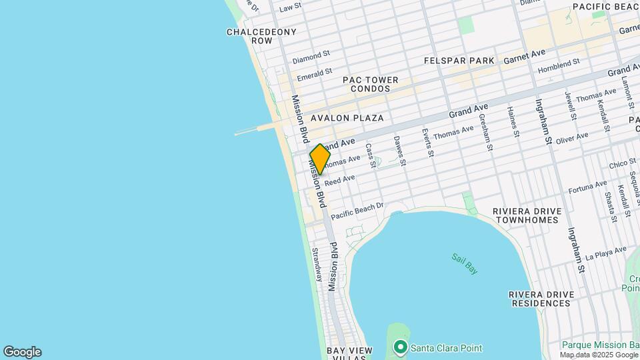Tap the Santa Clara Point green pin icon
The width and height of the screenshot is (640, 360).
pyautogui.click(x=400, y=347)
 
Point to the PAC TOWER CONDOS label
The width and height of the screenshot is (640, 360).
pyautogui.click(x=371, y=84)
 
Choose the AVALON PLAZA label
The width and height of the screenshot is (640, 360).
pyautogui.click(x=347, y=118)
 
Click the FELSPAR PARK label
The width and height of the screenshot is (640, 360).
pyautogui.click(x=459, y=61)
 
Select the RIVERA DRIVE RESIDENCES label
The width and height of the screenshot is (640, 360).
pyautogui.click(x=541, y=299)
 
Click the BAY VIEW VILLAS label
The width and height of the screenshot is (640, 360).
pyautogui.click(x=345, y=354)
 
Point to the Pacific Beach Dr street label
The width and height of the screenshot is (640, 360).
pyautogui.click(x=357, y=211)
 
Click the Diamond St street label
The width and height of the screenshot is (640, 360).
pyautogui.click(x=311, y=58)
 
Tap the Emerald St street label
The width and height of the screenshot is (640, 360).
pyautogui.click(x=315, y=73)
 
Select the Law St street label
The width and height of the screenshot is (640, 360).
pyautogui.click(x=291, y=8)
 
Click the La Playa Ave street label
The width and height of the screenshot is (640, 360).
pyautogui.click(x=606, y=253)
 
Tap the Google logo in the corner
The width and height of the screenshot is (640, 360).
pyautogui.click(x=22, y=352)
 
